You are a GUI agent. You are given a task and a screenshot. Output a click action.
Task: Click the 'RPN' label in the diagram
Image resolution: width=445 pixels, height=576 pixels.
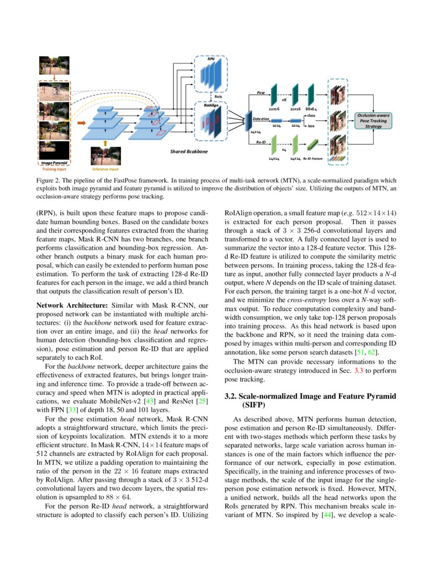[x=211, y=60]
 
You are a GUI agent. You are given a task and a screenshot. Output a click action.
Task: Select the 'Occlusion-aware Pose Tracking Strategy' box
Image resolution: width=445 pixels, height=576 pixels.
[x=373, y=120]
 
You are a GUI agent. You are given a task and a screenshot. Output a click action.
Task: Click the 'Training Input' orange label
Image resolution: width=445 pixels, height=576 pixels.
[x=54, y=169]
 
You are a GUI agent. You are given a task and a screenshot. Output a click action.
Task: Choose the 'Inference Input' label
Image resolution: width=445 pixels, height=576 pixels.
[x=105, y=169]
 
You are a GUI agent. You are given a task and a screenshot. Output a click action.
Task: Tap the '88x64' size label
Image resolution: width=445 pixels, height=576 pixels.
[x=312, y=109]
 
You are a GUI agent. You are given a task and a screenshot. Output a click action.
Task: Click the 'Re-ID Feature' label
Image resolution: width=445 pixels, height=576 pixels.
[x=313, y=158]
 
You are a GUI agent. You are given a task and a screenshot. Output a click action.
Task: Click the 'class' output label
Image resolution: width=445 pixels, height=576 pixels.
[x=310, y=115]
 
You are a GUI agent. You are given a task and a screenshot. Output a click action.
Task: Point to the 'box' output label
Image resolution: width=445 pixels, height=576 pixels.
[x=311, y=126]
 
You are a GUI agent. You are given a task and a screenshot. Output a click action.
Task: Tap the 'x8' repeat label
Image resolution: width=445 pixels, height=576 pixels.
[x=284, y=98]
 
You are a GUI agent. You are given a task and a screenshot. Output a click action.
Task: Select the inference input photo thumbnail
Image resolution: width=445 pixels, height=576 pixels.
[x=105, y=156]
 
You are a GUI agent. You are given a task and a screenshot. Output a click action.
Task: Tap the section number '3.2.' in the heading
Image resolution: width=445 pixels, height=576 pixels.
[x=230, y=396]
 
